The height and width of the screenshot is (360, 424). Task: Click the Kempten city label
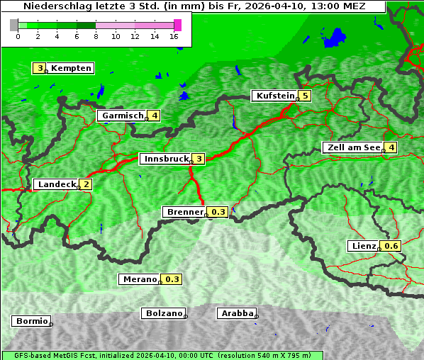tap(71, 68)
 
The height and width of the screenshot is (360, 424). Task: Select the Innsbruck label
tap(165, 159)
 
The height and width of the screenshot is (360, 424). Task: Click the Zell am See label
tap(352, 147)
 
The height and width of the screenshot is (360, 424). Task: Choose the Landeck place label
tap(56, 184)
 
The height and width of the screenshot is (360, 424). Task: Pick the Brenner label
tap(184, 212)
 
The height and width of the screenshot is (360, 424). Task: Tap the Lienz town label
tap(363, 246)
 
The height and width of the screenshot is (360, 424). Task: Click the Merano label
tap(139, 279)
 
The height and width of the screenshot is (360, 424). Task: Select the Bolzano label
tap(163, 313)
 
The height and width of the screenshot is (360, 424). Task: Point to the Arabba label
tap(236, 313)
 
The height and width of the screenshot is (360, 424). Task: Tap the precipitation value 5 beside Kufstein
tap(305, 96)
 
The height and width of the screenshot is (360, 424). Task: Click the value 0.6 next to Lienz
tap(391, 246)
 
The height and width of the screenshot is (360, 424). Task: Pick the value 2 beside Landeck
tap(86, 184)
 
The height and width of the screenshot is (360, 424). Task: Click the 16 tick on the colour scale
tap(174, 36)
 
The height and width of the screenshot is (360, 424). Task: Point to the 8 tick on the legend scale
tap(96, 36)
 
